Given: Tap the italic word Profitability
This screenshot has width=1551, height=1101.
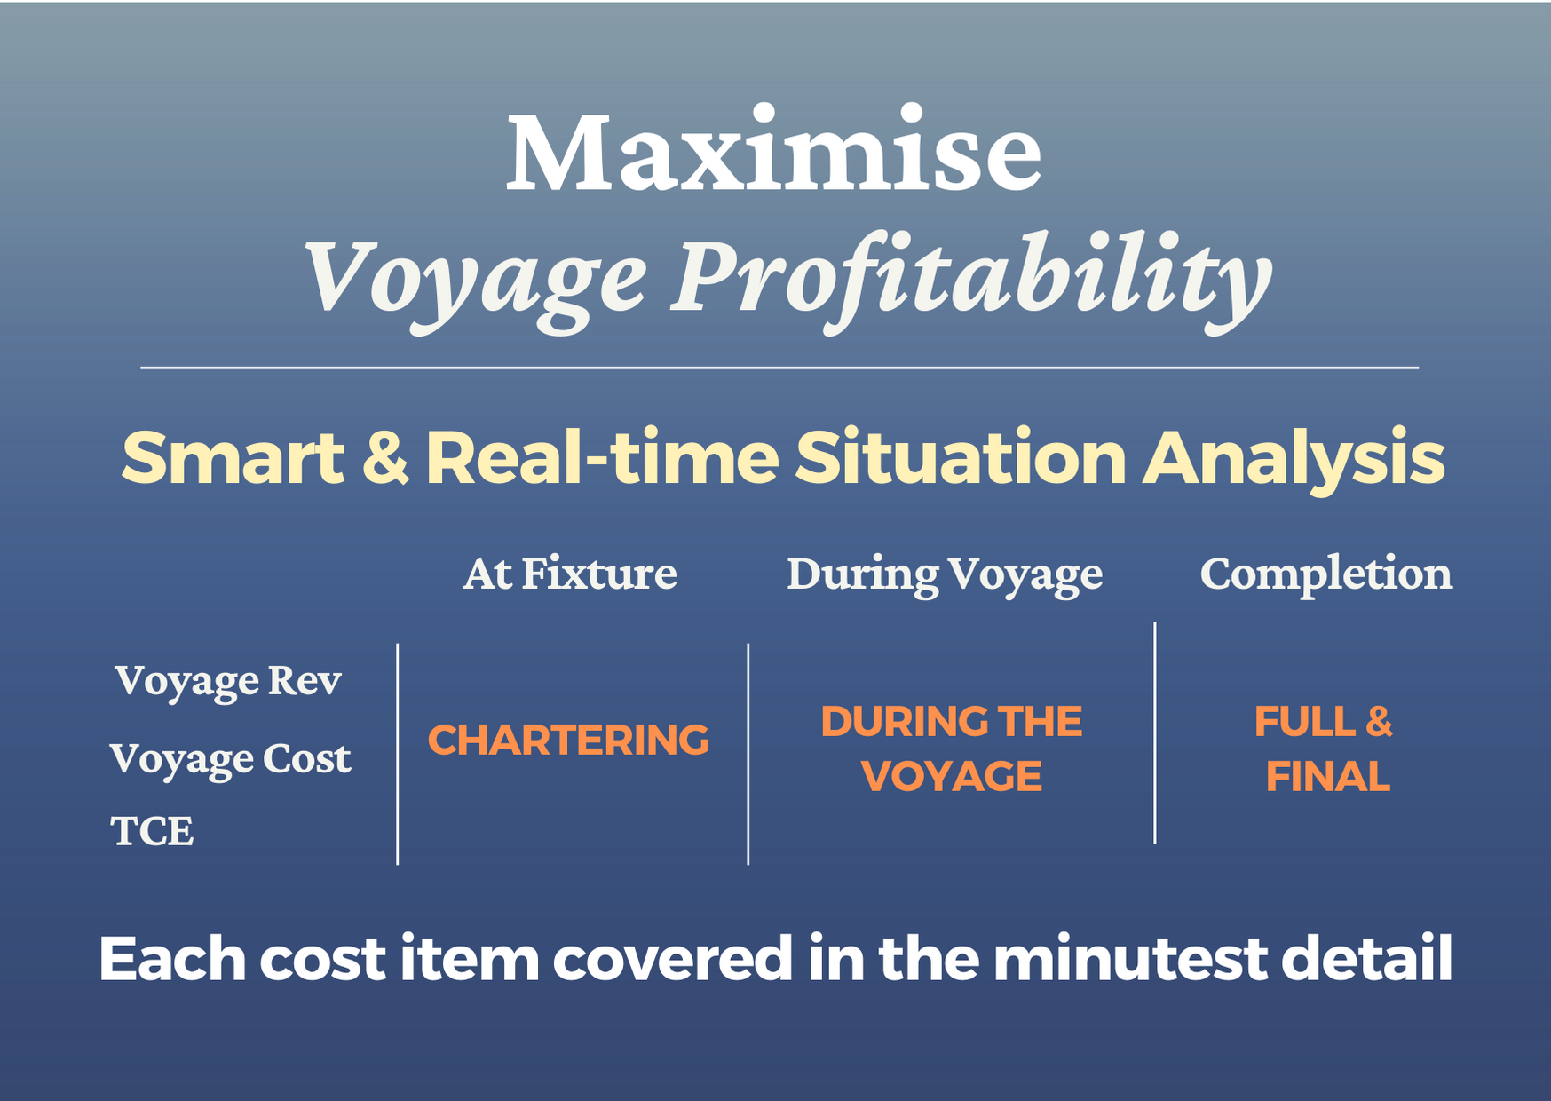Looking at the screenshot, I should pos(972,277).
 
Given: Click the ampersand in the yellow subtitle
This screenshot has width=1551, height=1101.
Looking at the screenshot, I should pos(385,458).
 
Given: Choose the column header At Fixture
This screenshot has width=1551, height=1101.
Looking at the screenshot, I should pos(570,574).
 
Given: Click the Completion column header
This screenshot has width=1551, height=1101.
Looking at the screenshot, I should pos(1325,574).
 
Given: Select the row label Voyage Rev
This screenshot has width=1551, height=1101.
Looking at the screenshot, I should pos(228,682).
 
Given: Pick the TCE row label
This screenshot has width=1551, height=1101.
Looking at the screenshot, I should pos(152,831).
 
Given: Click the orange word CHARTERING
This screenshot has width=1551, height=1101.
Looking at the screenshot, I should pos(568,740).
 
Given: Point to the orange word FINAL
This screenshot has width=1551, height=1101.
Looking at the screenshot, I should pos(1327,777).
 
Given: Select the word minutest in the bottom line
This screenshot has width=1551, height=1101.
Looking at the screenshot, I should pos(1130,959).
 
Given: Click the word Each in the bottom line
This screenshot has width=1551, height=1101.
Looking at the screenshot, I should pos(171,959).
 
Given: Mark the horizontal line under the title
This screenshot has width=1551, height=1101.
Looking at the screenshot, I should pos(779,367).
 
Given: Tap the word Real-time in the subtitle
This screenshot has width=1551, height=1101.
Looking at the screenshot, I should pos(601,458).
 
